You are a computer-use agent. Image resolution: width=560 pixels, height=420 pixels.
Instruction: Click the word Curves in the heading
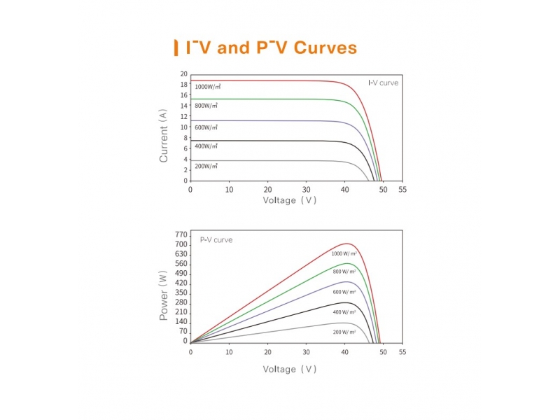(325, 48)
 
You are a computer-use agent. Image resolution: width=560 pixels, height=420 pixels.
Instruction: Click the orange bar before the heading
(175, 48)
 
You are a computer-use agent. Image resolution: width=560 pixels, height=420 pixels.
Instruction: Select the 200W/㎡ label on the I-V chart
(206, 166)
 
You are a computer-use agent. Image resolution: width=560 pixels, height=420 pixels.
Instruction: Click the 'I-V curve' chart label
(383, 83)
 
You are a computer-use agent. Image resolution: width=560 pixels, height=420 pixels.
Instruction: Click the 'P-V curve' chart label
(216, 240)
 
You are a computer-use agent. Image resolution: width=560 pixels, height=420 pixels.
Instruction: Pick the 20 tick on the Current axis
(183, 74)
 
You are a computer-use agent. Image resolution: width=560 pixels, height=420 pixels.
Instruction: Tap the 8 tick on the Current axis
(185, 138)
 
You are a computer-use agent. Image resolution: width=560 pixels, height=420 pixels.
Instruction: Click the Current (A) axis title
(164, 135)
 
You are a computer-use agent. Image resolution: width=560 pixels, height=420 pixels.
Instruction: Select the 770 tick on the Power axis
(181, 234)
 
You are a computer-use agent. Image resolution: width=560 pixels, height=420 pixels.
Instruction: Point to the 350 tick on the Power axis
(181, 293)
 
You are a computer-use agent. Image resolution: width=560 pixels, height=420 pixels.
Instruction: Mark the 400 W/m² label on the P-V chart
(344, 311)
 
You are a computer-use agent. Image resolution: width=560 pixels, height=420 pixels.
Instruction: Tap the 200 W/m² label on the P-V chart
(344, 332)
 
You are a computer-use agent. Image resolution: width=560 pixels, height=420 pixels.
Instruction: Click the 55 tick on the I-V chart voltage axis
(402, 190)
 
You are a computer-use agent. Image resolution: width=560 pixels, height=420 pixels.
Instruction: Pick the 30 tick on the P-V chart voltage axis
(306, 352)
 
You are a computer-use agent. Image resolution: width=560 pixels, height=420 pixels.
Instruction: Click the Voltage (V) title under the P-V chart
(290, 369)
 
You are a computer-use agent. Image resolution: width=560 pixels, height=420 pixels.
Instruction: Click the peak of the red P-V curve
(346, 244)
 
